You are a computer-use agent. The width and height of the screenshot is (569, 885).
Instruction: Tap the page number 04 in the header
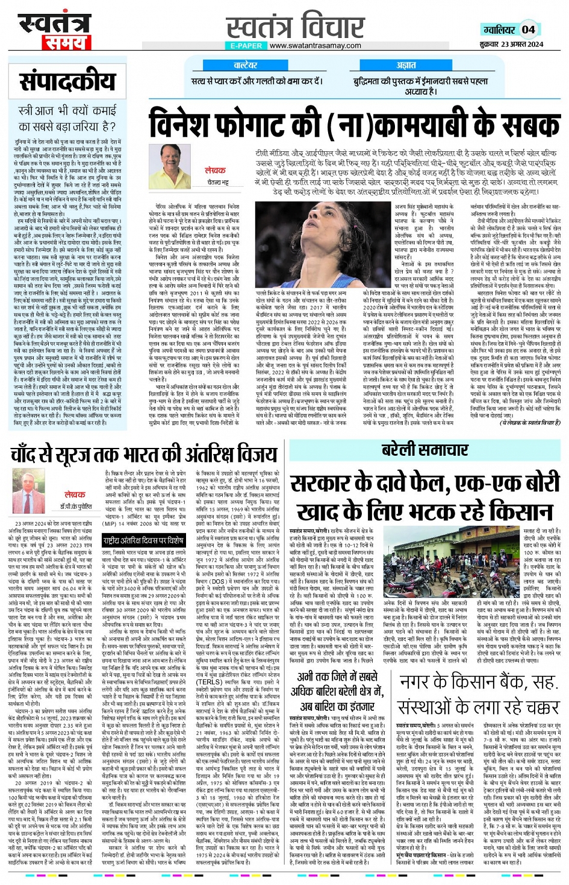tap(528, 29)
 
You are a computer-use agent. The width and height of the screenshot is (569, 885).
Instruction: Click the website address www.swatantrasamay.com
tap(315, 45)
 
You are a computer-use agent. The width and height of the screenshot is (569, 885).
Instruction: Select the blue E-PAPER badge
tap(246, 45)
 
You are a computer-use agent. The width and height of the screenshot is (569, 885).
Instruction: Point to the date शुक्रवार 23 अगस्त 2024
tap(511, 44)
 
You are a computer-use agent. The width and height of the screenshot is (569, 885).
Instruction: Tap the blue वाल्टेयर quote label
tap(246, 65)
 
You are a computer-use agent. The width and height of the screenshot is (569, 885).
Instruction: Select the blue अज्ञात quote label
tap(406, 65)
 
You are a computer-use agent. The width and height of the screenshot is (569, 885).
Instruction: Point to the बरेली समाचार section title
tap(424, 450)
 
